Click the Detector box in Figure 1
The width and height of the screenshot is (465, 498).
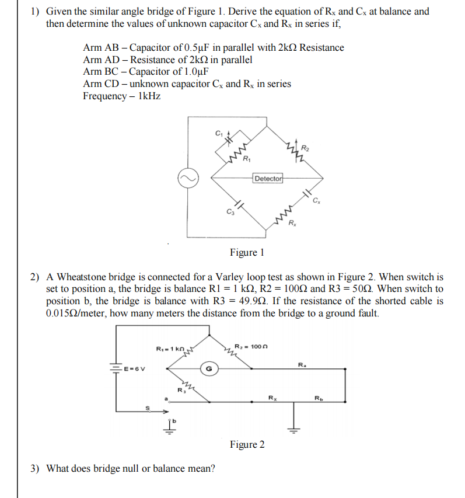268,178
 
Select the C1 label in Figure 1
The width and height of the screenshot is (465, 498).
218,133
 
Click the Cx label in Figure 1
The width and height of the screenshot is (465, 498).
316,202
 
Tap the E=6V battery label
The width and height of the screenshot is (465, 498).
135,368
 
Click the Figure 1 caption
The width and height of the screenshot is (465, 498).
247,252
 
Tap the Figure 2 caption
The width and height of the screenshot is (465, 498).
247,445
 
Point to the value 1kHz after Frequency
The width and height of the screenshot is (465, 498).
149,96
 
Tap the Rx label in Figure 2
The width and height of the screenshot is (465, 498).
272,399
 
